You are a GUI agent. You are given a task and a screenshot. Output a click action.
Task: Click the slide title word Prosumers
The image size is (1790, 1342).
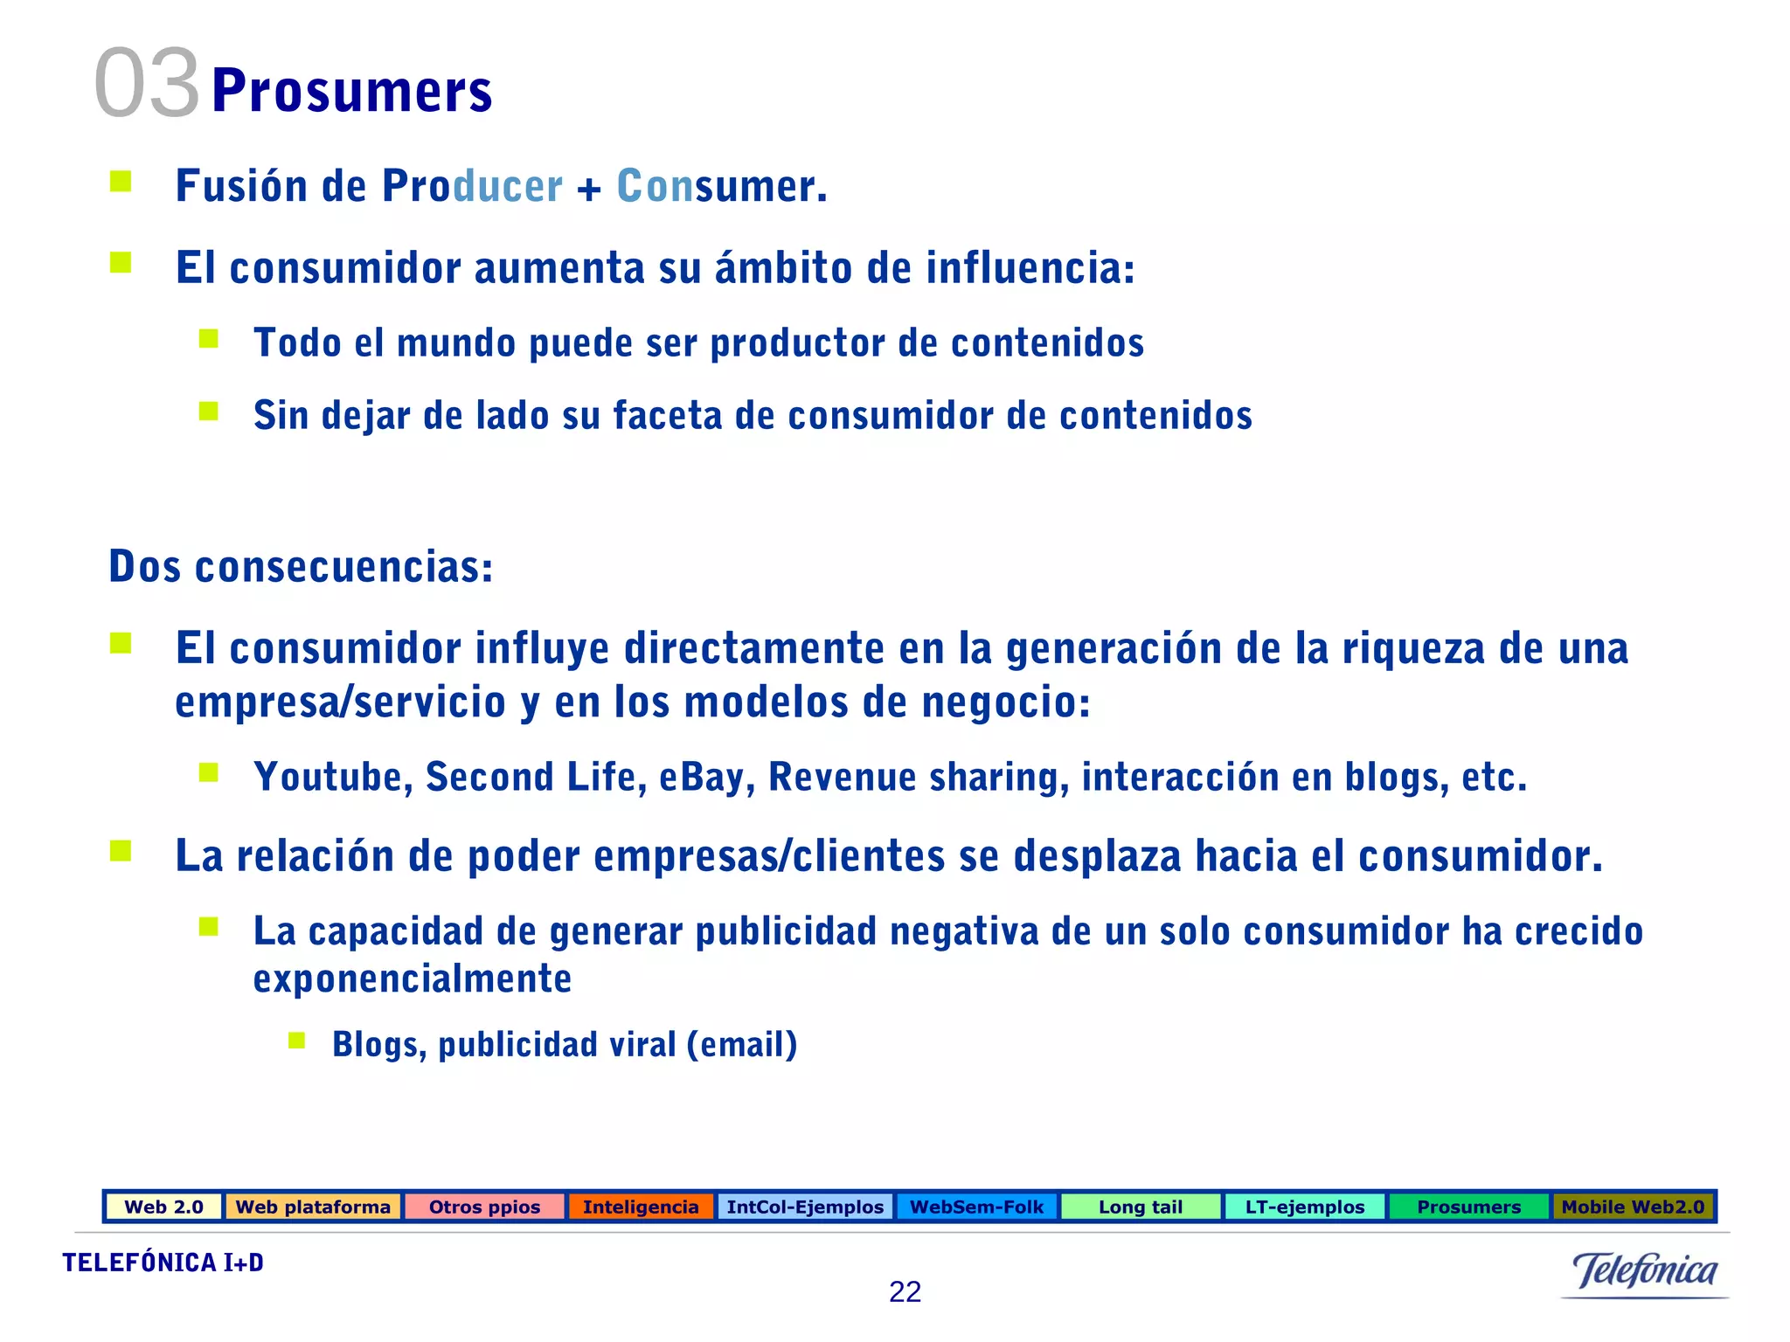[351, 91]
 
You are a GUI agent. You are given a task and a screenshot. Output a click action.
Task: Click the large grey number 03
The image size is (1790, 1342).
[147, 84]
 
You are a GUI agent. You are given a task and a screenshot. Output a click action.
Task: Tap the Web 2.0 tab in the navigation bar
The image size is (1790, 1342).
[163, 1207]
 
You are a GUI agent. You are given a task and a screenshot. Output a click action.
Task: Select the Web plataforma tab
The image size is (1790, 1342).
[313, 1207]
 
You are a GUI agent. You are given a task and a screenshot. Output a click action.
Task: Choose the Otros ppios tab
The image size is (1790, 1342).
[484, 1207]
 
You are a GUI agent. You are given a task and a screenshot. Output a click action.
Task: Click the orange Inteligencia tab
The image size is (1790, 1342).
[641, 1207]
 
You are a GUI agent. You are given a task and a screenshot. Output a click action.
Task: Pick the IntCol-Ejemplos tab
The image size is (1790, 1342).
[805, 1207]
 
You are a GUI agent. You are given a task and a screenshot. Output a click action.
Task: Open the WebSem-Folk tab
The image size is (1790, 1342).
[976, 1207]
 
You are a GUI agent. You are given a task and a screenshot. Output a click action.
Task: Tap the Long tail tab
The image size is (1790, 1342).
[1140, 1207]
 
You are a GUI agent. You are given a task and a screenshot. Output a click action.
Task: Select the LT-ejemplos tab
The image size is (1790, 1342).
[1304, 1207]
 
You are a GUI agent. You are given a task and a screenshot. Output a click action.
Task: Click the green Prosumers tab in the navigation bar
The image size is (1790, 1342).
[1468, 1207]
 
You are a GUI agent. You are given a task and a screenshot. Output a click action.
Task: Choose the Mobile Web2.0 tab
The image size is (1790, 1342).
[1633, 1207]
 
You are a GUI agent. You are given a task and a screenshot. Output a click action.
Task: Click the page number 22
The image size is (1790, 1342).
[905, 1291]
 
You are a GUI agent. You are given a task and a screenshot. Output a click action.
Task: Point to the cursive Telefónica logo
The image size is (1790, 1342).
[1644, 1271]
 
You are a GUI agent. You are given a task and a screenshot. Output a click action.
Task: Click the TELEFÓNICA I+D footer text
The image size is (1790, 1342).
[163, 1262]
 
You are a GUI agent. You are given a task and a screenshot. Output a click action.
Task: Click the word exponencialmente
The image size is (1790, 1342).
[413, 979]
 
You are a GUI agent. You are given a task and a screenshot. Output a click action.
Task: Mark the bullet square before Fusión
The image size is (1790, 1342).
[121, 182]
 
